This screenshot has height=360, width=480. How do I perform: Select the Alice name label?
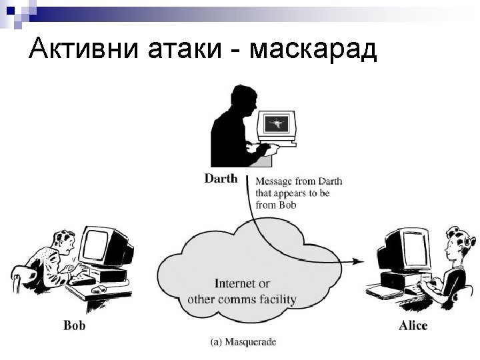[x=413, y=326]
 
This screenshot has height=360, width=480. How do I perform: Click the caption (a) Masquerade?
[x=243, y=343]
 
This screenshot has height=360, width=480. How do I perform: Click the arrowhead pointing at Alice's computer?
[x=358, y=262]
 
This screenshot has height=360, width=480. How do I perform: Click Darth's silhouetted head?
[x=238, y=97]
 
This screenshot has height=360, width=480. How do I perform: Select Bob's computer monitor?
[x=101, y=247]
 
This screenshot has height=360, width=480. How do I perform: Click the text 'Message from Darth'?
[x=299, y=181]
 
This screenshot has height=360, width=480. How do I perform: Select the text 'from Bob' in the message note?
[x=275, y=205]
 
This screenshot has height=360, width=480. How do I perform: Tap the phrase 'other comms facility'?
[x=241, y=299]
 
